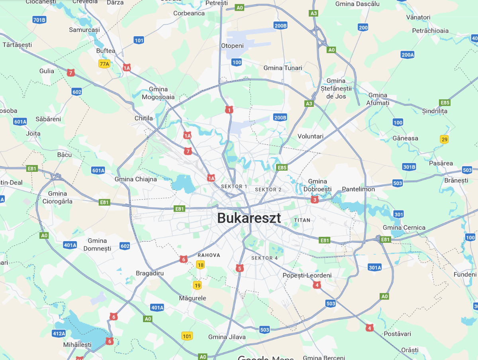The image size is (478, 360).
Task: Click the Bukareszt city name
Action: click(x=249, y=218)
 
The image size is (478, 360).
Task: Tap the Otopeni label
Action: click(x=232, y=46)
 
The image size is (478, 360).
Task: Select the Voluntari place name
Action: click(x=310, y=136)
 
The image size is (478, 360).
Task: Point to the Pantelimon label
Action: click(x=358, y=189)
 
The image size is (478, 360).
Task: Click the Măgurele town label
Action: click(x=192, y=298)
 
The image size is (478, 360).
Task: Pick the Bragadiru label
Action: click(x=150, y=273)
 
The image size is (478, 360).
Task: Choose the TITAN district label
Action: click(x=302, y=220)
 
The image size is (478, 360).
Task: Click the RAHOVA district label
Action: click(x=209, y=255)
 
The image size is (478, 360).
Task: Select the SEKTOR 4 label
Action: click(x=264, y=258)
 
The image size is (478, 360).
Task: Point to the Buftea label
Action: click(x=106, y=51)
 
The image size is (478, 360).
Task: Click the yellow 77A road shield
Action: click(x=104, y=64)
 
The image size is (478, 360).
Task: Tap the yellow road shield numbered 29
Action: click(x=445, y=139)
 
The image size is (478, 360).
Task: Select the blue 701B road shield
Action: click(x=39, y=20)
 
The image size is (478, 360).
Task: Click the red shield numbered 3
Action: click(x=315, y=199)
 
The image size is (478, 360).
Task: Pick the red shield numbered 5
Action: click(x=239, y=268)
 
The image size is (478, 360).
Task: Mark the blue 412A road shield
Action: click(x=59, y=333)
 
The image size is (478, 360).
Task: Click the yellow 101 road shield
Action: click(x=187, y=336)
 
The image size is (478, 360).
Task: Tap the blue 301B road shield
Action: click(x=409, y=167)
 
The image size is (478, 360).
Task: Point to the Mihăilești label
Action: click(x=77, y=344)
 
